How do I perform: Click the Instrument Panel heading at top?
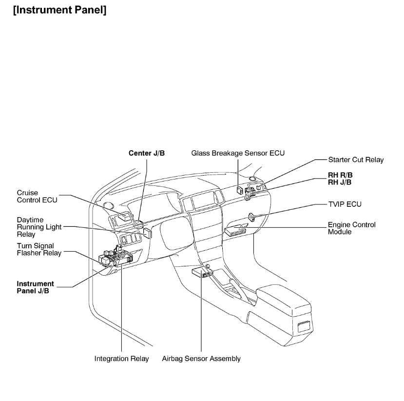pos(61,10)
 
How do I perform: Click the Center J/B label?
pos(147,153)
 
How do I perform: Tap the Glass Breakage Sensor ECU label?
pos(238,153)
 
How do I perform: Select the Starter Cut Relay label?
pos(356,160)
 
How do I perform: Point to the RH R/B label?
pos(340,175)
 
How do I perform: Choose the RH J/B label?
pos(340,182)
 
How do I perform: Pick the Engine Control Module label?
pos(351,228)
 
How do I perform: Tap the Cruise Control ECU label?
pos(38,196)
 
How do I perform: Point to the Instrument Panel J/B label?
pos(36,287)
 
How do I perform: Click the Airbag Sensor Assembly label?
pos(201,359)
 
